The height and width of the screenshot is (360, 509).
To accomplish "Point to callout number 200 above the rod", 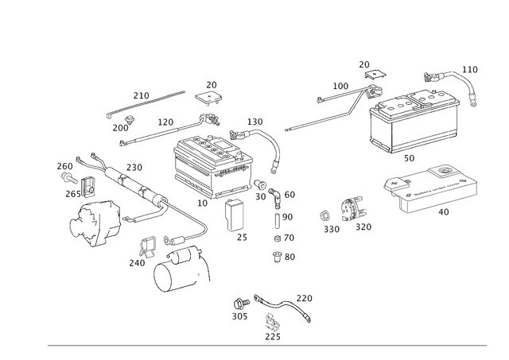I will click(141, 95).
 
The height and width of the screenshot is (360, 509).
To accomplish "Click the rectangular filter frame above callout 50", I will click(414, 119).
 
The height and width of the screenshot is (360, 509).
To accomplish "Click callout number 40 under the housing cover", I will click(444, 213).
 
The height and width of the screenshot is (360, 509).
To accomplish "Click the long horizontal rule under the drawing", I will click(266, 343).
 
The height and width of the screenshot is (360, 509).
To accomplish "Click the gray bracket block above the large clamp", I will click(147, 246).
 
